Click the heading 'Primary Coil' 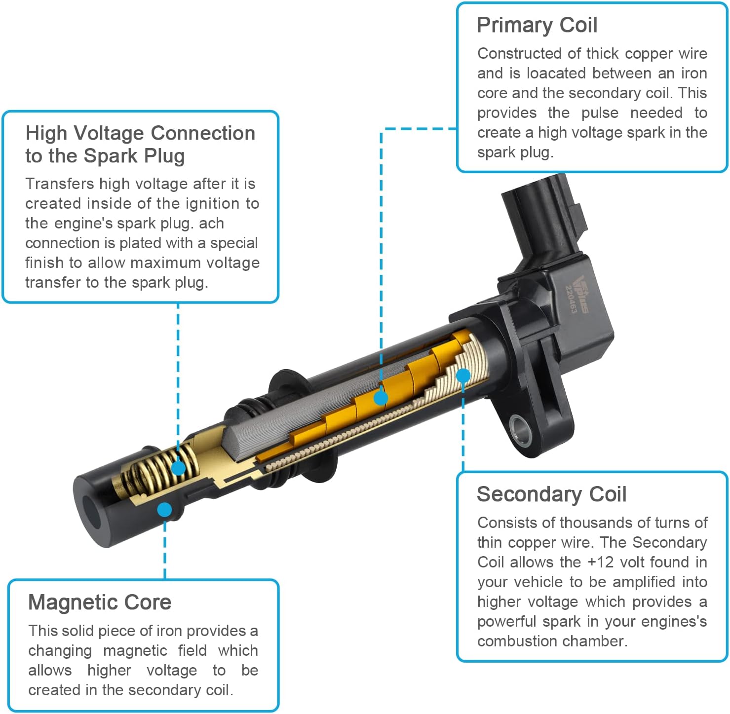(537, 26)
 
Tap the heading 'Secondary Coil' (551, 494)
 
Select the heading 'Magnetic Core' (99, 602)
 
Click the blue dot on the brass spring (179, 468)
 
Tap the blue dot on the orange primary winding (381, 398)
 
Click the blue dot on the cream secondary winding (463, 376)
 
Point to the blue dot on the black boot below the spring (164, 510)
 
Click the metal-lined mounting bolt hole (520, 430)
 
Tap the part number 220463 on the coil (571, 299)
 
